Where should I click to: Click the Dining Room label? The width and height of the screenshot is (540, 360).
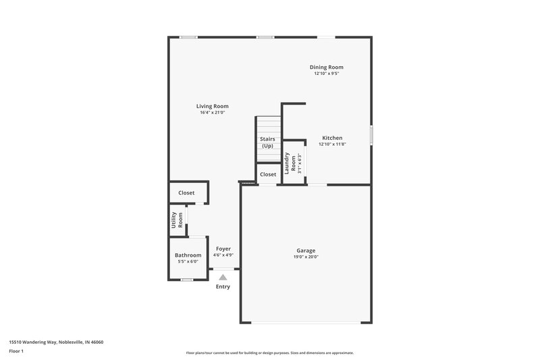point(327,67)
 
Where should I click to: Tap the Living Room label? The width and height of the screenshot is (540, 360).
point(212,106)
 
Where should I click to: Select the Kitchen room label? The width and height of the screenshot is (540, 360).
point(331,138)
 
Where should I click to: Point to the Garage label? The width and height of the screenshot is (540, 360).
point(306,250)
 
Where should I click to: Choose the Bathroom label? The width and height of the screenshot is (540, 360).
point(188,255)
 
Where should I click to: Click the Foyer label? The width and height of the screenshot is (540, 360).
point(223,249)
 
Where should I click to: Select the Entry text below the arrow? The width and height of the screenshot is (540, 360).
point(223,286)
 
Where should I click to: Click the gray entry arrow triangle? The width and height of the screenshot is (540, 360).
point(223,276)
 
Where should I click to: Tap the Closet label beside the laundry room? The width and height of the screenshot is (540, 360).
point(268,174)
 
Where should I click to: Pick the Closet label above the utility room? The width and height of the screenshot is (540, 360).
point(186,192)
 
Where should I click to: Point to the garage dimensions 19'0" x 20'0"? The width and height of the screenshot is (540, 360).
point(306,257)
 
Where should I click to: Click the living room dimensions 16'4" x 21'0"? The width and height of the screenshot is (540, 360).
point(212,113)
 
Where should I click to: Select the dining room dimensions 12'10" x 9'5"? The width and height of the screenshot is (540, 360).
point(327,73)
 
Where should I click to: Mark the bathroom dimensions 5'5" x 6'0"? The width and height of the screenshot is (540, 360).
point(188,261)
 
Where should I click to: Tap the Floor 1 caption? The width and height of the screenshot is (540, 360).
point(16,351)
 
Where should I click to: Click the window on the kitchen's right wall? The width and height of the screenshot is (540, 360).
point(371,134)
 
